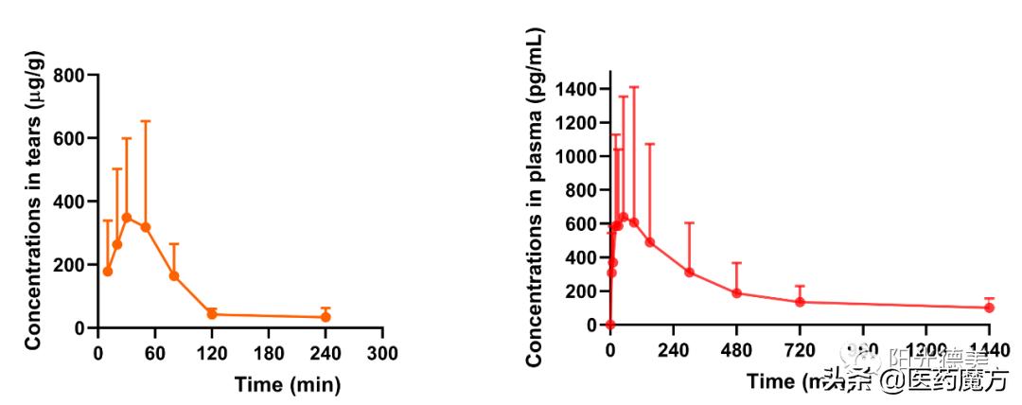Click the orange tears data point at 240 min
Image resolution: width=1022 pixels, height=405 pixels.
click(326, 317)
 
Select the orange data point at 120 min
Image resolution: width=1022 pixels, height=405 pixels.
click(212, 313)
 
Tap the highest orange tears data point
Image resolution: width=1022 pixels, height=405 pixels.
click(127, 218)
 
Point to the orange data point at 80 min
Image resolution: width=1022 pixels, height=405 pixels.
click(174, 276)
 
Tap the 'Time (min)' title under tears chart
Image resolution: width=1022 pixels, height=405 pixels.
click(287, 385)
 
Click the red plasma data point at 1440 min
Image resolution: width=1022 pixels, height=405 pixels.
click(989, 308)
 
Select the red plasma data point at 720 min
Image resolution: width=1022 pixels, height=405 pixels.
click(800, 302)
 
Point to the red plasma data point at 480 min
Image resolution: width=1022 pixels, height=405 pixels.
click(736, 293)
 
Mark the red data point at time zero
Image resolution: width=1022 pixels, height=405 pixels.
click(610, 325)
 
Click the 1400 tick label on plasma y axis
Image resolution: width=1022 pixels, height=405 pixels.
click(576, 90)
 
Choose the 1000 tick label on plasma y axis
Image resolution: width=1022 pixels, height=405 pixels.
click(576, 157)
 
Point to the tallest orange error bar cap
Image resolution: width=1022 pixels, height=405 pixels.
click(146, 121)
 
